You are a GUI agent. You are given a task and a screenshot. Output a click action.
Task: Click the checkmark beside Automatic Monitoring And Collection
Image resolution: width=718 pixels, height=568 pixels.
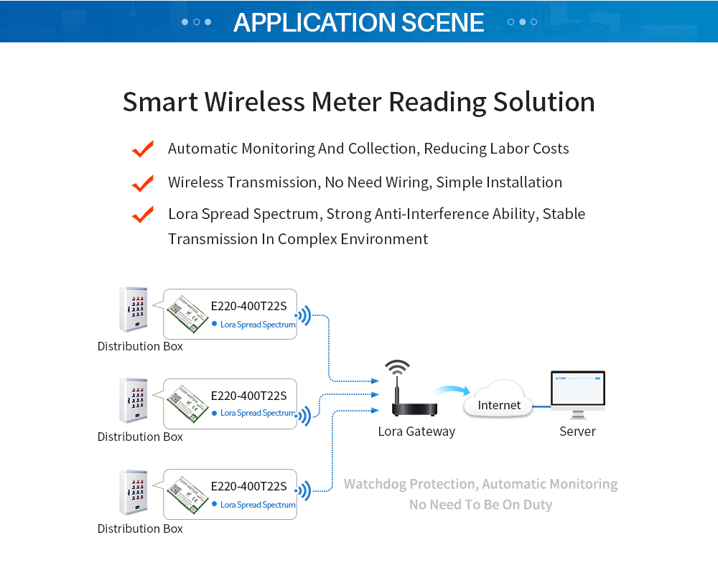(x=143, y=149)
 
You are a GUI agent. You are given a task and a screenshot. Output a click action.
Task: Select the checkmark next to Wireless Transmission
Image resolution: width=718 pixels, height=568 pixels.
(x=143, y=182)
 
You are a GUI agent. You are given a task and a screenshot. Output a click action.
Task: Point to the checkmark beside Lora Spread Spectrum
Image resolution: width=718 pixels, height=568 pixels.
(x=143, y=214)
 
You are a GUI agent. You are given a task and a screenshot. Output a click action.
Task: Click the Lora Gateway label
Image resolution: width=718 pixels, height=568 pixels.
(x=416, y=432)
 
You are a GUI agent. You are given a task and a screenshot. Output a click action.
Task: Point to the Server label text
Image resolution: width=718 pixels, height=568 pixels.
(x=577, y=432)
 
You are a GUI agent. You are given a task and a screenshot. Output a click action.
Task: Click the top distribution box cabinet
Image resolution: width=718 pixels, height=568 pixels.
(x=134, y=309)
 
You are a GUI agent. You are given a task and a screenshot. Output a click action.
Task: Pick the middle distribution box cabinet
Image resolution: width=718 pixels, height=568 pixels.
(x=134, y=400)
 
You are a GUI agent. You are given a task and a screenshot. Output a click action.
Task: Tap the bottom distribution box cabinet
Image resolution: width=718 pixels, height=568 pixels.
(x=134, y=492)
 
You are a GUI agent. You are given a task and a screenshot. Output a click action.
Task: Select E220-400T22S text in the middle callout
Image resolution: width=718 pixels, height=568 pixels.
(x=248, y=396)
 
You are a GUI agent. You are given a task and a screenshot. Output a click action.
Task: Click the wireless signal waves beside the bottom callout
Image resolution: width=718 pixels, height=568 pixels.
(x=304, y=491)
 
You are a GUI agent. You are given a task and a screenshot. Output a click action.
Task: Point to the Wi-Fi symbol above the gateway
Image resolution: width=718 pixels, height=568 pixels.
(x=397, y=368)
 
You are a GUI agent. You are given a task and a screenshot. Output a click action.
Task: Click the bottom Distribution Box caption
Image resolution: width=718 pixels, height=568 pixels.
(x=140, y=529)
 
